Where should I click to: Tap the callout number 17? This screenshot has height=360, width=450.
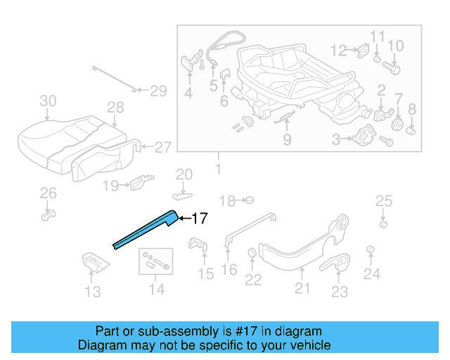199,219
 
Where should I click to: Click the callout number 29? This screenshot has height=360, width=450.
158,91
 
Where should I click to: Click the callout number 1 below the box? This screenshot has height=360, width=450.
217,169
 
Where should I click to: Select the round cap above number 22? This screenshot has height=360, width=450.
252,254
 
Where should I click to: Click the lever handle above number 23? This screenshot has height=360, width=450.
340,262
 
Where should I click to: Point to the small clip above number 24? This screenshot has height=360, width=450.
371,251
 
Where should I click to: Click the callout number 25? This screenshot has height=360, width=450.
383,202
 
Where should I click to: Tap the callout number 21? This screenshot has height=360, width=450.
302,288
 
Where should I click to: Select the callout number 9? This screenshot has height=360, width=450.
287,139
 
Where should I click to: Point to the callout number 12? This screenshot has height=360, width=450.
340,50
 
